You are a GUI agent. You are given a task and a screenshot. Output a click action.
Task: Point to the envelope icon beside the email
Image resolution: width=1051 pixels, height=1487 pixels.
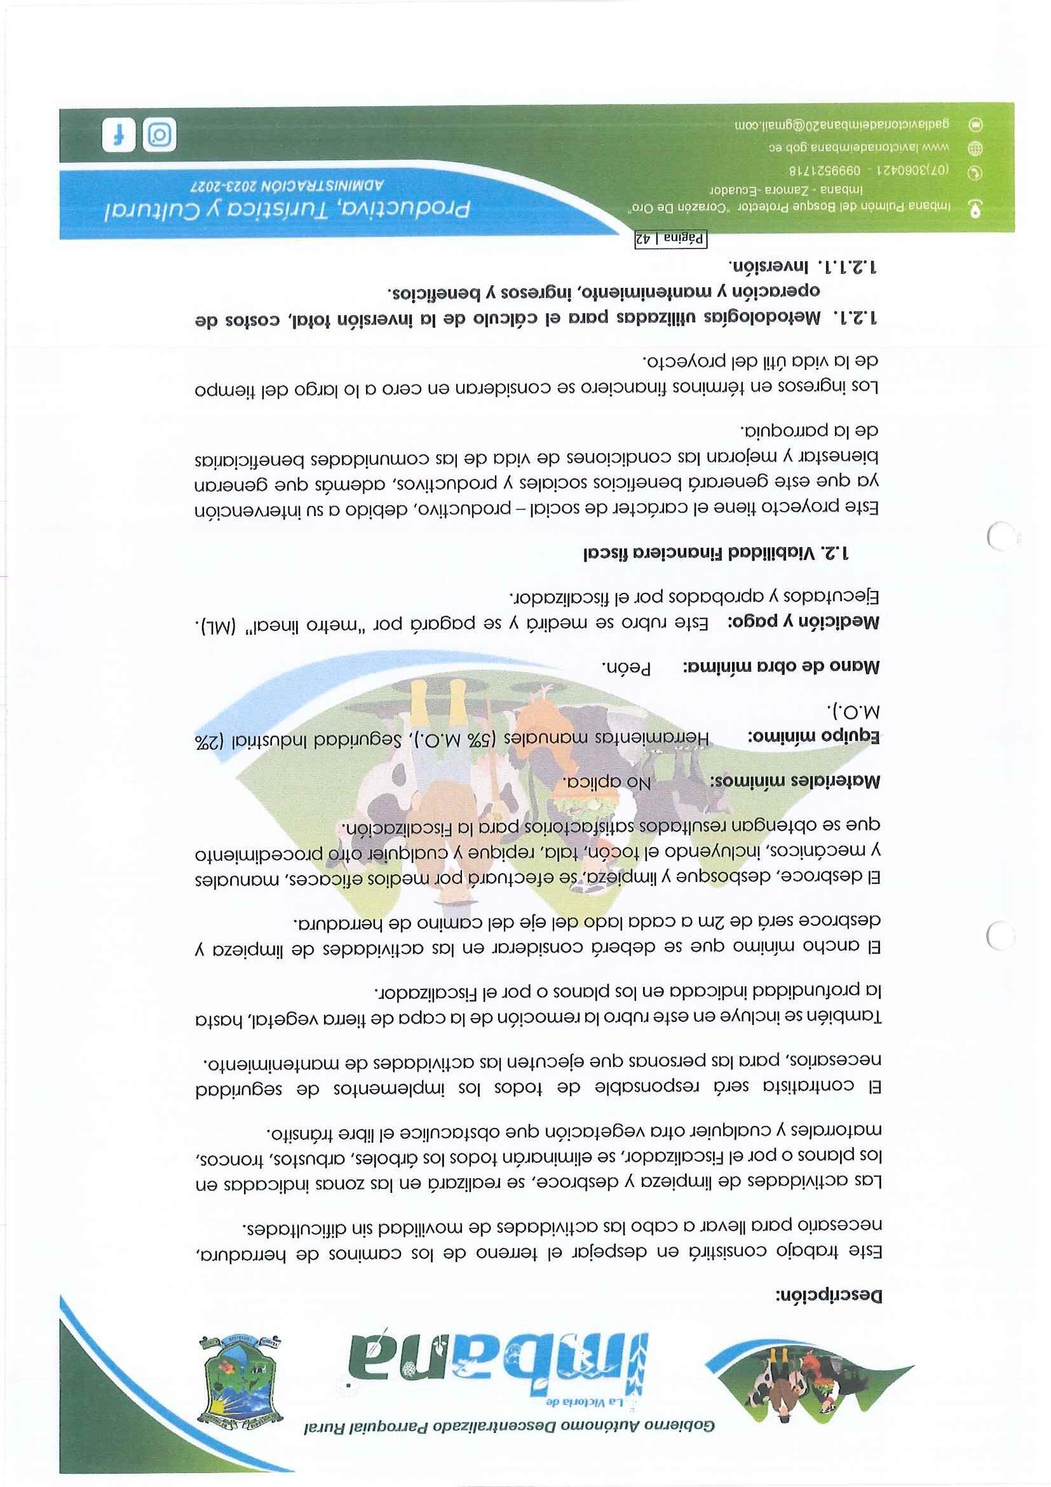tap(975, 125)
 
